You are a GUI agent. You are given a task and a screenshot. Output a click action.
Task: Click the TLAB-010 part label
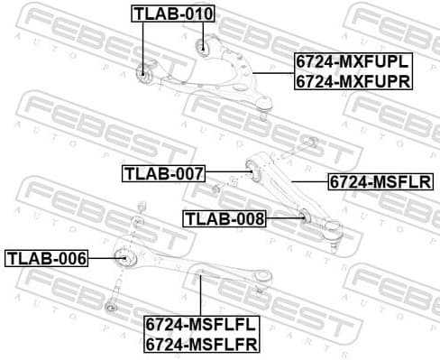tap(173, 14)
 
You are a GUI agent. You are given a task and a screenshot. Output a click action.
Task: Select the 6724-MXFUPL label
tap(352, 62)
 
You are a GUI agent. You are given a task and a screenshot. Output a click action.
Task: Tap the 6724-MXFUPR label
tap(352, 80)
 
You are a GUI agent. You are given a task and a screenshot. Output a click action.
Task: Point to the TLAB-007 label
tap(164, 172)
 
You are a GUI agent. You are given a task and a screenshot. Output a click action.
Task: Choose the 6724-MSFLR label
tap(380, 181)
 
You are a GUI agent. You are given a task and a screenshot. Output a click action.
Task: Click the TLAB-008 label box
tap(225, 217)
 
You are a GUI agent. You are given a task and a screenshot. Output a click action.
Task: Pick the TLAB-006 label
tap(47, 259)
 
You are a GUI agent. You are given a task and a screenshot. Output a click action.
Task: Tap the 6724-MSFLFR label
tap(201, 343)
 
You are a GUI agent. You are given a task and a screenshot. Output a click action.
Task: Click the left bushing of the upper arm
tap(142, 72)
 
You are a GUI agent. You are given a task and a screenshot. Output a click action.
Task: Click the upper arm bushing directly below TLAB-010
tap(204, 49)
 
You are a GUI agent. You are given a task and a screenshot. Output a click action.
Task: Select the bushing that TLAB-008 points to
tap(304, 216)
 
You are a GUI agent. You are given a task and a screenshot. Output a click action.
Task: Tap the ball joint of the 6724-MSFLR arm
tap(335, 237)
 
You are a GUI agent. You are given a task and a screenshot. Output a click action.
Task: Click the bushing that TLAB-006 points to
tap(126, 258)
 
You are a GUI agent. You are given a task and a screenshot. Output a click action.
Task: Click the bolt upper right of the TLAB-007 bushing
tap(309, 141)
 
